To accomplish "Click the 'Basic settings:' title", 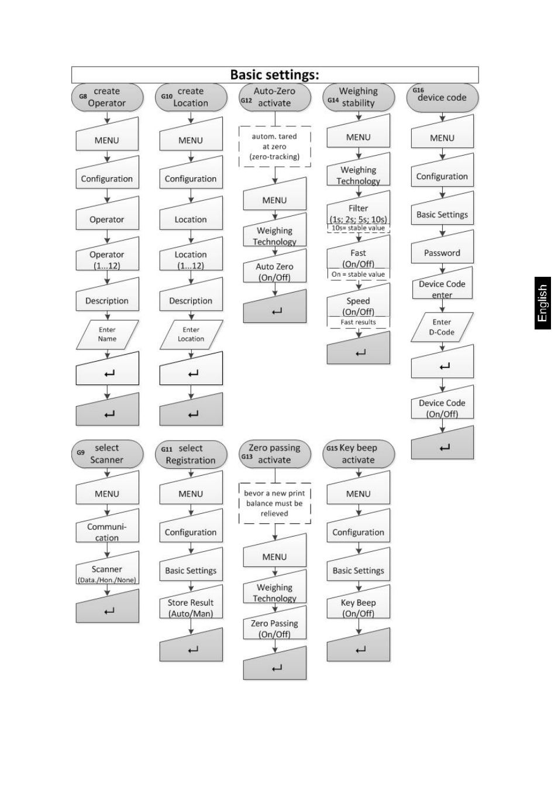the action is click(x=274, y=75).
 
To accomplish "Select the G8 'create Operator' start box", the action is click(x=107, y=97).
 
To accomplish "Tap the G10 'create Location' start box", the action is click(x=191, y=97).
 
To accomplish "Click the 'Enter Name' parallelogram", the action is click(x=107, y=335).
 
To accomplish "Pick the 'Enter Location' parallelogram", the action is click(x=191, y=335).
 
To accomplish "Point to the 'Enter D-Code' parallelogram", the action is click(x=442, y=327).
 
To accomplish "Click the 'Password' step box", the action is click(x=442, y=250).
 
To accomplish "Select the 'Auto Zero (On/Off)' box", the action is click(x=274, y=269).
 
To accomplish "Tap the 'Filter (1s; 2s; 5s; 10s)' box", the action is click(x=358, y=212).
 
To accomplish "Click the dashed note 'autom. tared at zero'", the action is click(x=274, y=146).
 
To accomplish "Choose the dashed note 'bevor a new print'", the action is click(x=274, y=503).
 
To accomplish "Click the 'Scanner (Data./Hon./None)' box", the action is click(x=107, y=571).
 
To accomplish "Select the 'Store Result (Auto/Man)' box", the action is click(x=191, y=605).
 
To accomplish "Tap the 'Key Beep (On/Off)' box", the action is click(x=358, y=605).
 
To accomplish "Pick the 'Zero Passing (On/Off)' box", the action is click(x=274, y=626).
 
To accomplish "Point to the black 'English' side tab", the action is click(x=543, y=303).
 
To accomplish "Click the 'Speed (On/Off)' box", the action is click(x=358, y=304).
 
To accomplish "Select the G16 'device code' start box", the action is click(x=442, y=97).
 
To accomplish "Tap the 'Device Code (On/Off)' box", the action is click(x=442, y=406).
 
